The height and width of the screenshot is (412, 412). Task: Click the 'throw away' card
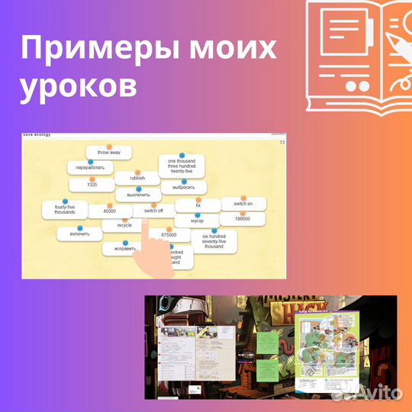[109, 153]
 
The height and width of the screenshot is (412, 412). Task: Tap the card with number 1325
[92, 185]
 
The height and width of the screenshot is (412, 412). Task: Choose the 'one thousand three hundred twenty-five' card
[182, 166]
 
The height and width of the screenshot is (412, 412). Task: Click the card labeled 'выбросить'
[184, 187]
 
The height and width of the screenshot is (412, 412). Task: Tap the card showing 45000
[109, 211]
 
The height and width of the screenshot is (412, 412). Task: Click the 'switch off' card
[153, 211]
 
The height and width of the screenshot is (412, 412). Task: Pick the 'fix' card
[198, 205]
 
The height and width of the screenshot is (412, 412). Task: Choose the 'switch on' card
[243, 204]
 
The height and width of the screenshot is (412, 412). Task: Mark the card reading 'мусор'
[198, 220]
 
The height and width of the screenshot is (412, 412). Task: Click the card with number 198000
[243, 219]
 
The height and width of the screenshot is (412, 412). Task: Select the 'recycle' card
[124, 226]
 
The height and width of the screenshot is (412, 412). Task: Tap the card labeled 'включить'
[79, 233]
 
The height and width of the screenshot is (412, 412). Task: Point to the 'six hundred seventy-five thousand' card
[214, 242]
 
